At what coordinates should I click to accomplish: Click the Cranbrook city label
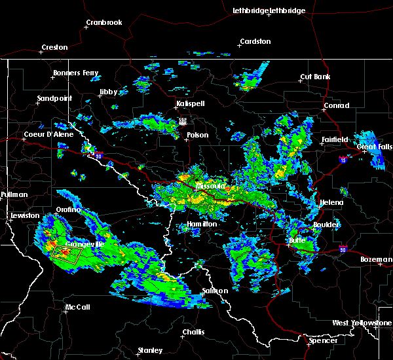(104, 22)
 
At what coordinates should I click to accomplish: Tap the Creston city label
(54, 47)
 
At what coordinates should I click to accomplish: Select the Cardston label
(255, 41)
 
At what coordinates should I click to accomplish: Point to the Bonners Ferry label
(77, 73)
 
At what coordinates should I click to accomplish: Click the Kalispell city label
(191, 103)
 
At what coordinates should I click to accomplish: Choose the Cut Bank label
(315, 77)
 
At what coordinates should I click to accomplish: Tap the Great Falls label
(375, 147)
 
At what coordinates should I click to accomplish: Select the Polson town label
(197, 135)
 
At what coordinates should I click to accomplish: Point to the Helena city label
(331, 202)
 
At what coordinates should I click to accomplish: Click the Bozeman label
(375, 259)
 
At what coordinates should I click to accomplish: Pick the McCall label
(77, 307)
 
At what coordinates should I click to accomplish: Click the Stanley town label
(150, 350)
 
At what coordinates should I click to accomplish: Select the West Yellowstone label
(362, 323)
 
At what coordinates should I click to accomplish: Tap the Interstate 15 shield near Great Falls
(344, 158)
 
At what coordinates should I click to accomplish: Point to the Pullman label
(14, 194)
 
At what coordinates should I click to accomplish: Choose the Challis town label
(193, 331)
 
